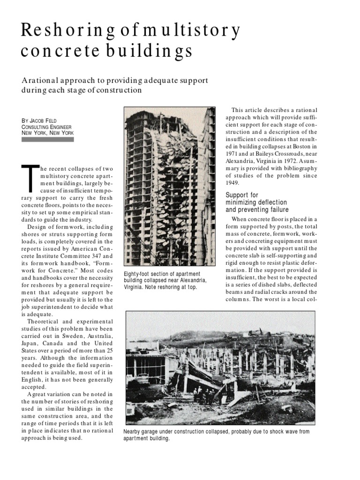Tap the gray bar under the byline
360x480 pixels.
click(47, 139)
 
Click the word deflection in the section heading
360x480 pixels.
click(268, 202)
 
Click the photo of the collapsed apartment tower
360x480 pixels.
click(170, 186)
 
